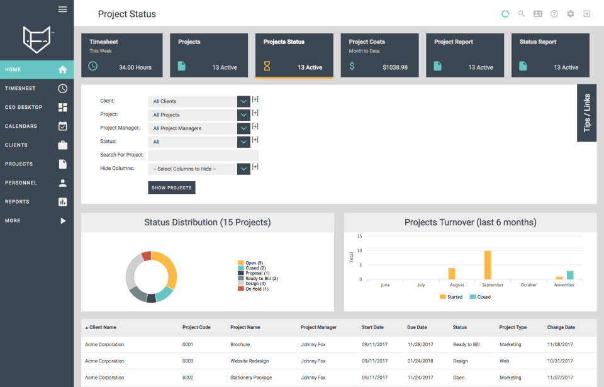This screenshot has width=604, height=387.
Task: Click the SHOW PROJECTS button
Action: (171, 188)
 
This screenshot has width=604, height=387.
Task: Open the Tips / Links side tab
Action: (586, 113)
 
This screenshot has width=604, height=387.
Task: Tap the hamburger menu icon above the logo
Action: (62, 9)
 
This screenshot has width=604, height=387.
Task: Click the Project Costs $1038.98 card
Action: (379, 55)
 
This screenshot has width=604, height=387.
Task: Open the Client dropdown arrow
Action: (244, 101)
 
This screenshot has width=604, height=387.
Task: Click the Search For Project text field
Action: (203, 155)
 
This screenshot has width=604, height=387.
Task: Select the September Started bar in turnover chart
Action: (487, 265)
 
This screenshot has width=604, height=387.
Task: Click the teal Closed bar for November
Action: (570, 275)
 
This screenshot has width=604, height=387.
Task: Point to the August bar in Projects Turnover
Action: (451, 274)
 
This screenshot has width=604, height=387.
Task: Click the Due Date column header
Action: (417, 327)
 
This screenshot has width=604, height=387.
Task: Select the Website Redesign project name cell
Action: (247, 361)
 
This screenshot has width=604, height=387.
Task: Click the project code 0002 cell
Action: (187, 378)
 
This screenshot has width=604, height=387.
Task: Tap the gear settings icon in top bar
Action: (570, 14)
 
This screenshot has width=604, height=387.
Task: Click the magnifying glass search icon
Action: (521, 14)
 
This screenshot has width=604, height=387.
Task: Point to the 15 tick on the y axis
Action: (359, 237)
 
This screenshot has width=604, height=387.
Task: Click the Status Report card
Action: (550, 55)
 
